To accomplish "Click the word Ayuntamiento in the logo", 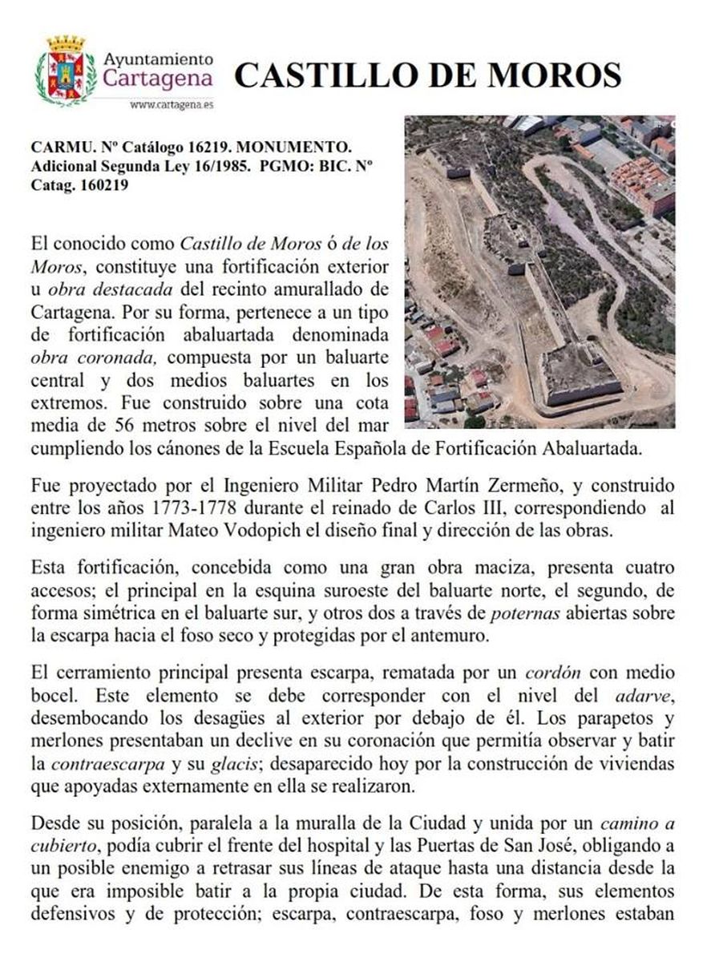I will pyautogui.click(x=160, y=59).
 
